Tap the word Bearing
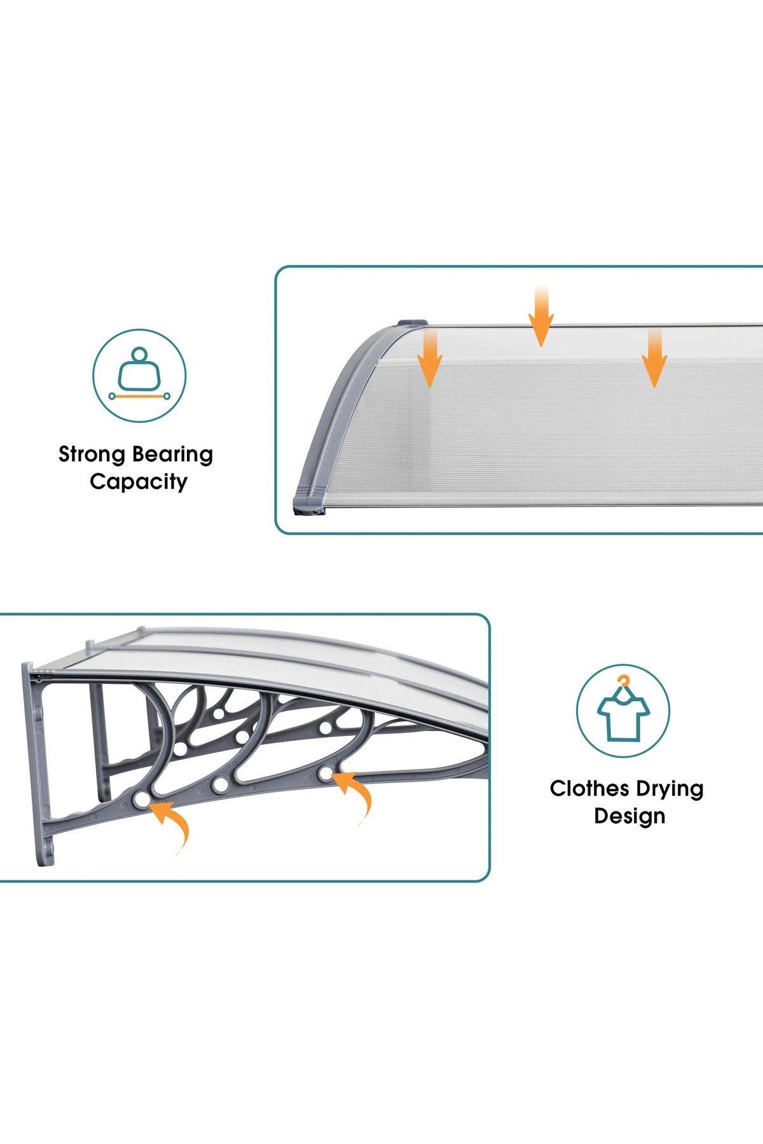(x=173, y=455)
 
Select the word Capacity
(x=139, y=482)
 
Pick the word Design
(x=629, y=817)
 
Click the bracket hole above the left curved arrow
(x=141, y=798)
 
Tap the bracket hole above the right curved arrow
(x=326, y=774)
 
